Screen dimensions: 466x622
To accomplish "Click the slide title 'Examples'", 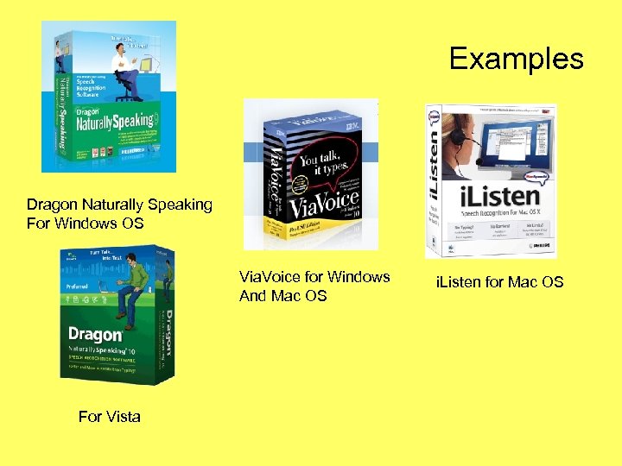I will pyautogui.click(x=517, y=60).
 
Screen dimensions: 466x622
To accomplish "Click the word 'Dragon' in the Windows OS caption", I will pyautogui.click(x=52, y=205).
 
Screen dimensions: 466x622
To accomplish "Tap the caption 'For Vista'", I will pyautogui.click(x=109, y=417).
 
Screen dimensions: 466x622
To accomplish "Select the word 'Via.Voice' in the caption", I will pyautogui.click(x=270, y=278).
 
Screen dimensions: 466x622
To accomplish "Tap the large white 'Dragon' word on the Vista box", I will pyautogui.click(x=95, y=334).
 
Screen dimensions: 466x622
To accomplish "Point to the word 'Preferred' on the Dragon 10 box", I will pyautogui.click(x=79, y=286).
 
